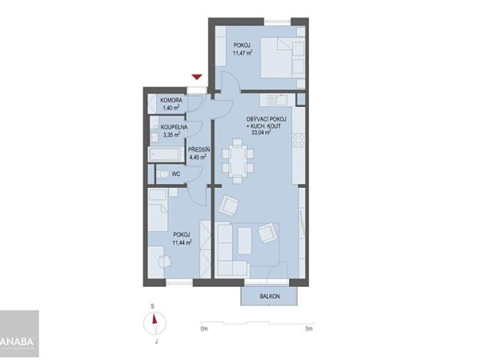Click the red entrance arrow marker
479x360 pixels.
(198, 76)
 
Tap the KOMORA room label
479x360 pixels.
(170, 101)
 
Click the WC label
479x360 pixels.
(176, 174)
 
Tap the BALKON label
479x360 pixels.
(268, 296)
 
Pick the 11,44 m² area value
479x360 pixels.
(181, 242)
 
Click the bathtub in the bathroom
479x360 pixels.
(166, 154)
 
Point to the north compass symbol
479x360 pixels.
(155, 321)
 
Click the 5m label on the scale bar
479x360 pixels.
(308, 328)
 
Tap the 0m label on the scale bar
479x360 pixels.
(204, 328)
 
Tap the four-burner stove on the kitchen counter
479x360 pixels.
(300, 140)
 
